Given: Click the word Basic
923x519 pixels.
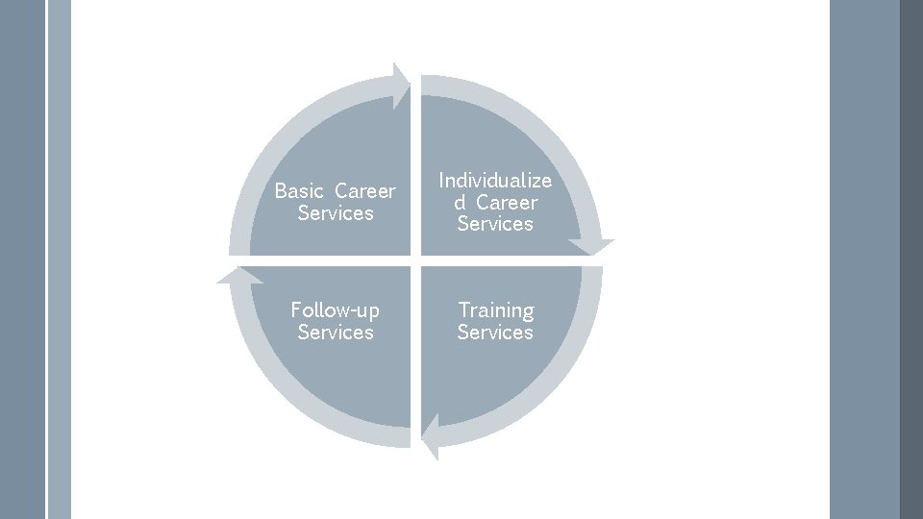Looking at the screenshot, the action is click(300, 191).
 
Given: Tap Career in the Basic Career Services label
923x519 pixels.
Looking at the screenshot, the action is click(365, 191).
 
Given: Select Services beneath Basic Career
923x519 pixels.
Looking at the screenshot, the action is click(336, 213).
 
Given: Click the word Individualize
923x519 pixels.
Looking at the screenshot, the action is click(495, 181).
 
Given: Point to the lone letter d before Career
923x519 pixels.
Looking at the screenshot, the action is click(460, 203).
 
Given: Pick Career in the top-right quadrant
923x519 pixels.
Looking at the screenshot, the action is click(507, 203).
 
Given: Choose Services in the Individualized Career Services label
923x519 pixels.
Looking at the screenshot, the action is click(495, 224).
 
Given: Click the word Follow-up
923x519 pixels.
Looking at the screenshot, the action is click(336, 310).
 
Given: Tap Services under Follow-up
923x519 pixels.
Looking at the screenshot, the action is click(336, 333).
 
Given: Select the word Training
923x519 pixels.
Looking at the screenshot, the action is click(495, 310).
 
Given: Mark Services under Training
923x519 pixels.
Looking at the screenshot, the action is click(495, 333).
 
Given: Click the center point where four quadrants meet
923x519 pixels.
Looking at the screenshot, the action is click(415, 260).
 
